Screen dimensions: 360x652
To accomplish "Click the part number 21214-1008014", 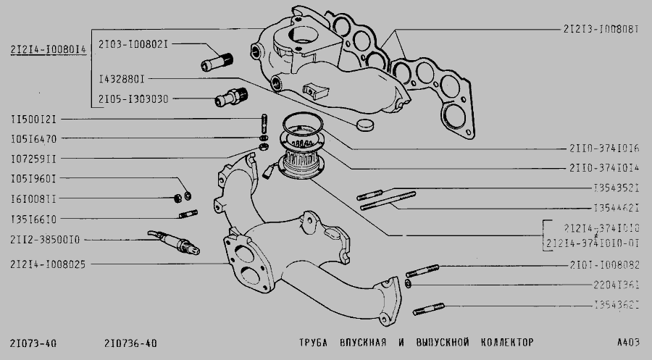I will coord(49,49).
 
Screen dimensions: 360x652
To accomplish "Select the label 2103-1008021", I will coord(133,43).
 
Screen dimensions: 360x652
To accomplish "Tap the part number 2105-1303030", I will coord(133,97).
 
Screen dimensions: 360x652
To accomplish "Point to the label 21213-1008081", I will coord(601,30).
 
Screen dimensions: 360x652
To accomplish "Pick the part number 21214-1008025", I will coord(49,264).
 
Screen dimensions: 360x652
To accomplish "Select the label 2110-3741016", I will coord(603,148).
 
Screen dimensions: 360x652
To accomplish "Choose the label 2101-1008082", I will coord(603,264).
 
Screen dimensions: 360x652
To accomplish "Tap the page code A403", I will coord(627,341).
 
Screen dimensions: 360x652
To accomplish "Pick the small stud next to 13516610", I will coord(188,213).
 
